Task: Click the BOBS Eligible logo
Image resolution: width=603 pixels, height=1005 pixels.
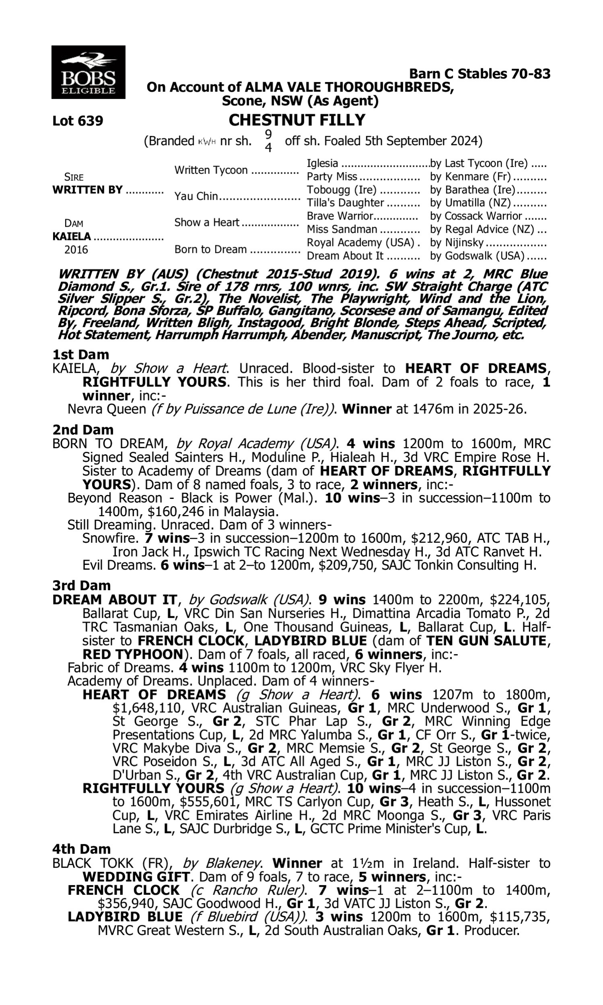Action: coord(88,72)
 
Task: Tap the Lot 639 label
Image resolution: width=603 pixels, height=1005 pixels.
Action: coord(78,121)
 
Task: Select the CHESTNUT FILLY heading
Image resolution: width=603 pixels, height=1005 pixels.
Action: coord(297,120)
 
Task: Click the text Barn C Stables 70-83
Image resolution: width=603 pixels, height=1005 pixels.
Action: coord(480,74)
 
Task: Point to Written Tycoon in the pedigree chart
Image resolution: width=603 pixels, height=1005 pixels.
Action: coord(211,170)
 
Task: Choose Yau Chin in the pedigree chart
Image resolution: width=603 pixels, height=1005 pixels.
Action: coord(196,196)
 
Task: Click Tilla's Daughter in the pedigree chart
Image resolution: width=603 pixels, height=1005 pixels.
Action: coord(345,203)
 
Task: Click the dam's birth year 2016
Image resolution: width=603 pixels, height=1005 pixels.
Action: coord(76,249)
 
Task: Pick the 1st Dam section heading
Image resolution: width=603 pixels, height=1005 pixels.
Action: coord(81,355)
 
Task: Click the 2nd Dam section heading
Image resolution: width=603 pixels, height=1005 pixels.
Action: coord(83,429)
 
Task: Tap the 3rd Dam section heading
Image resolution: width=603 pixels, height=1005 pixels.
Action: coord(81,585)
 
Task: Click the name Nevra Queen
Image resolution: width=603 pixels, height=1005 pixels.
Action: coord(107,409)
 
